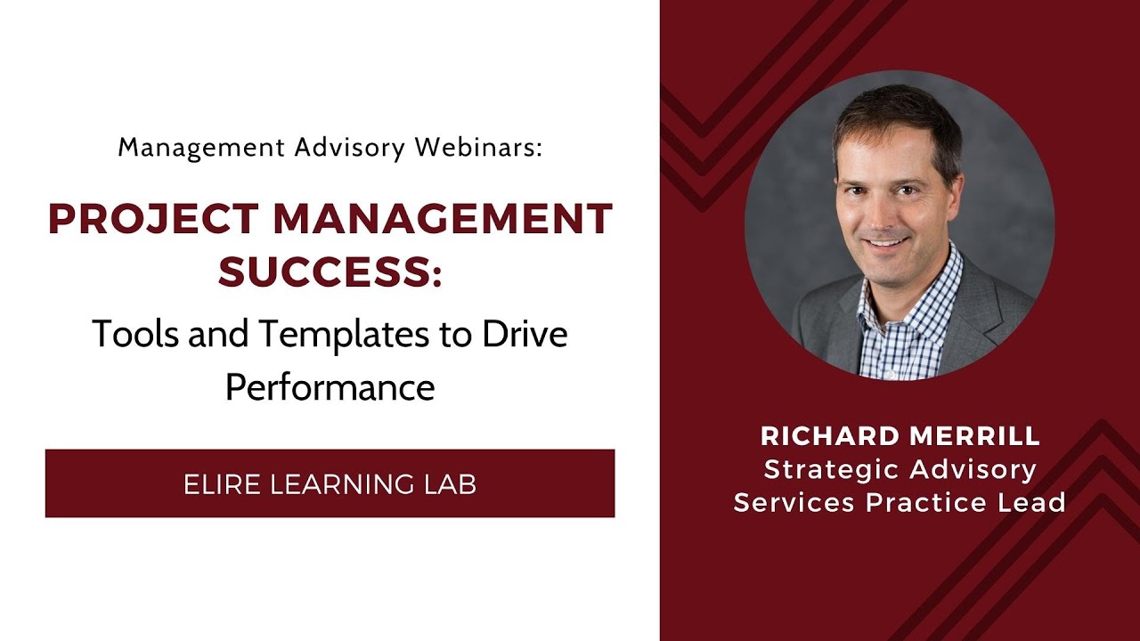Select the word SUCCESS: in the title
(x=330, y=272)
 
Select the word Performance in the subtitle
(x=330, y=387)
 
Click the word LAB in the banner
(x=452, y=484)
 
